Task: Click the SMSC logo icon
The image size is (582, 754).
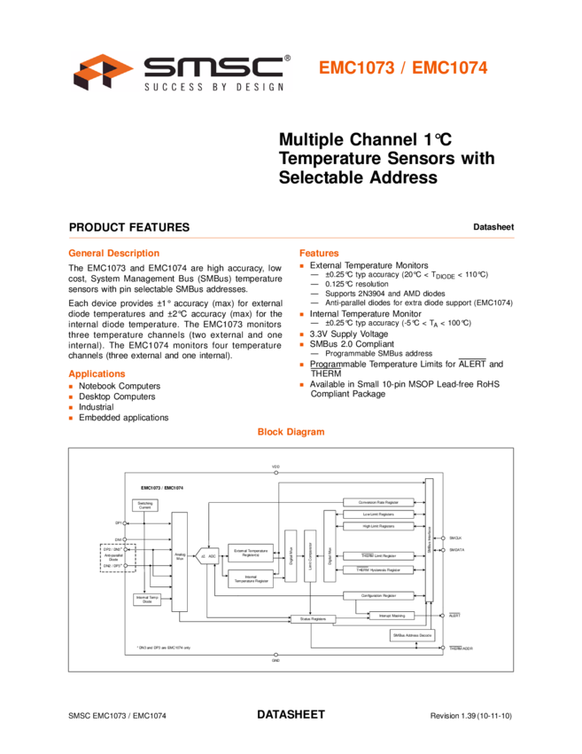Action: click(x=102, y=72)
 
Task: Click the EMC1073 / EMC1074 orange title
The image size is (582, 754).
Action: click(x=403, y=68)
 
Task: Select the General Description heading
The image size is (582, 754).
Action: click(x=113, y=254)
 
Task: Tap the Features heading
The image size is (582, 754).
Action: click(x=319, y=254)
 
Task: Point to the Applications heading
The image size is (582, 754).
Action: click(x=97, y=374)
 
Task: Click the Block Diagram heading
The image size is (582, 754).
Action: click(x=291, y=432)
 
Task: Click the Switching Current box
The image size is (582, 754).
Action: click(x=145, y=505)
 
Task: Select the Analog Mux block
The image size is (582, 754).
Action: click(x=180, y=559)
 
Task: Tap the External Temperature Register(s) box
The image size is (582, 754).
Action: click(x=251, y=554)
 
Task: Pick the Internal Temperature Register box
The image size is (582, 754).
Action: click(x=251, y=579)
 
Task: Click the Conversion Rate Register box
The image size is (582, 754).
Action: click(x=378, y=502)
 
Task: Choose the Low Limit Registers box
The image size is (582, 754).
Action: click(x=378, y=514)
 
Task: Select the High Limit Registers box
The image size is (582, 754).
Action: click(x=378, y=526)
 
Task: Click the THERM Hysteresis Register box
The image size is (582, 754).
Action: click(x=378, y=569)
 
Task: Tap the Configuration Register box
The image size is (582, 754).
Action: click(x=378, y=595)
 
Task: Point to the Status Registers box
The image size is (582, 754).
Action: click(x=313, y=618)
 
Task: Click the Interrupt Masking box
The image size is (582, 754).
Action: click(x=391, y=615)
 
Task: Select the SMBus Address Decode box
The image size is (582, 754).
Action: click(x=412, y=635)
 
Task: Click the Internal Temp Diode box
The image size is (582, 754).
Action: click(x=147, y=601)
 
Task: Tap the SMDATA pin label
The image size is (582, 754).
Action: click(x=457, y=550)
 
